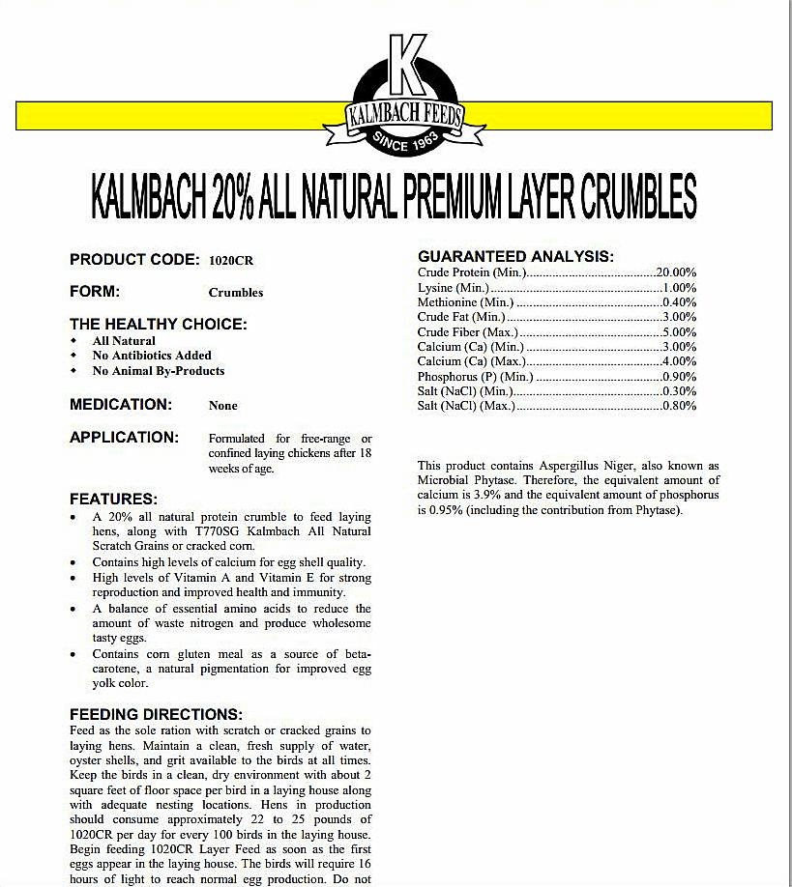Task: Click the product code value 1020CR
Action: (231, 261)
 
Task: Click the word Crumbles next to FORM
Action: (235, 293)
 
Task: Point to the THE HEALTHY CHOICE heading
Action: (158, 324)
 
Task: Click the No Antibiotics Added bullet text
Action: (152, 356)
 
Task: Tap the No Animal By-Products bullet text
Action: (158, 371)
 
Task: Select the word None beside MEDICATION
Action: (222, 406)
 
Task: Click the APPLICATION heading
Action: (124, 437)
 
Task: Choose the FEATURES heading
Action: (113, 499)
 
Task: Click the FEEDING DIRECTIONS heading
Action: (156, 714)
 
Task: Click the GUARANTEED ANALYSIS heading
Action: (515, 256)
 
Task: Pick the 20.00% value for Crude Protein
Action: (676, 272)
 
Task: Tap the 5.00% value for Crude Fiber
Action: (679, 332)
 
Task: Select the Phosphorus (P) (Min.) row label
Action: (475, 377)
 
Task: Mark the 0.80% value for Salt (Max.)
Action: (679, 406)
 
